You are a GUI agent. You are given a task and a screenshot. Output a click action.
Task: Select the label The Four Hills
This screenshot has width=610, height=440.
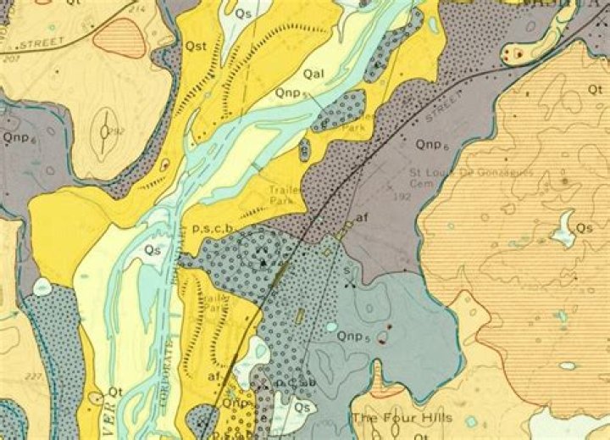[x=402, y=417]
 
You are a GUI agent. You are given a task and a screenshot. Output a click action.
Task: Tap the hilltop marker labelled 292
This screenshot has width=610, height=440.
[x=103, y=131]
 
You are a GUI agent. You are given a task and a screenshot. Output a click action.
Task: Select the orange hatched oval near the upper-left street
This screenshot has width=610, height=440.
[x=119, y=37]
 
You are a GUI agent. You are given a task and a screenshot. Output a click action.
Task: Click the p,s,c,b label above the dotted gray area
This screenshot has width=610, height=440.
[x=213, y=227]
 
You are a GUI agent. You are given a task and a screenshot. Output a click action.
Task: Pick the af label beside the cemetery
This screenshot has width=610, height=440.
[x=362, y=218]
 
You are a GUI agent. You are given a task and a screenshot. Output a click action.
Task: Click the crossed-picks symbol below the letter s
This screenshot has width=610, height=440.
[x=349, y=282]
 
